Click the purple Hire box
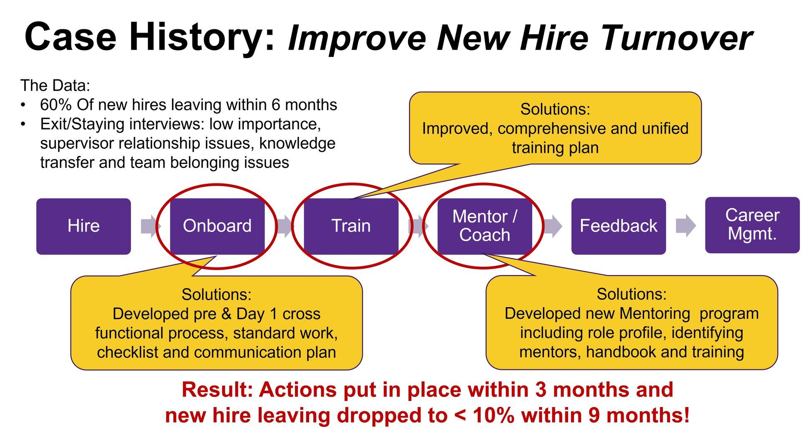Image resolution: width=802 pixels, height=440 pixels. tap(84, 226)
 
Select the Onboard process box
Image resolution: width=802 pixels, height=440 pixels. tap(217, 226)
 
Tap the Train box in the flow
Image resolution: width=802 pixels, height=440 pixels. tap(351, 226)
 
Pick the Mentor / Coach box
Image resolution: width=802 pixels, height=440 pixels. tap(485, 226)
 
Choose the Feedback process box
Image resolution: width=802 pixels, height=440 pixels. tap(619, 226)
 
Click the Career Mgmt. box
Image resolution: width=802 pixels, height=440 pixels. tap(752, 225)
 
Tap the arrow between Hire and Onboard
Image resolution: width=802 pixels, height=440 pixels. tap(150, 226)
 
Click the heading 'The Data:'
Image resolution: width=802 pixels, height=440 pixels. tap(55, 85)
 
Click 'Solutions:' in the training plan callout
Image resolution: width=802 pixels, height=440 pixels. tap(555, 109)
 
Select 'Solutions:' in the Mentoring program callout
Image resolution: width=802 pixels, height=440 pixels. tap(632, 294)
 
